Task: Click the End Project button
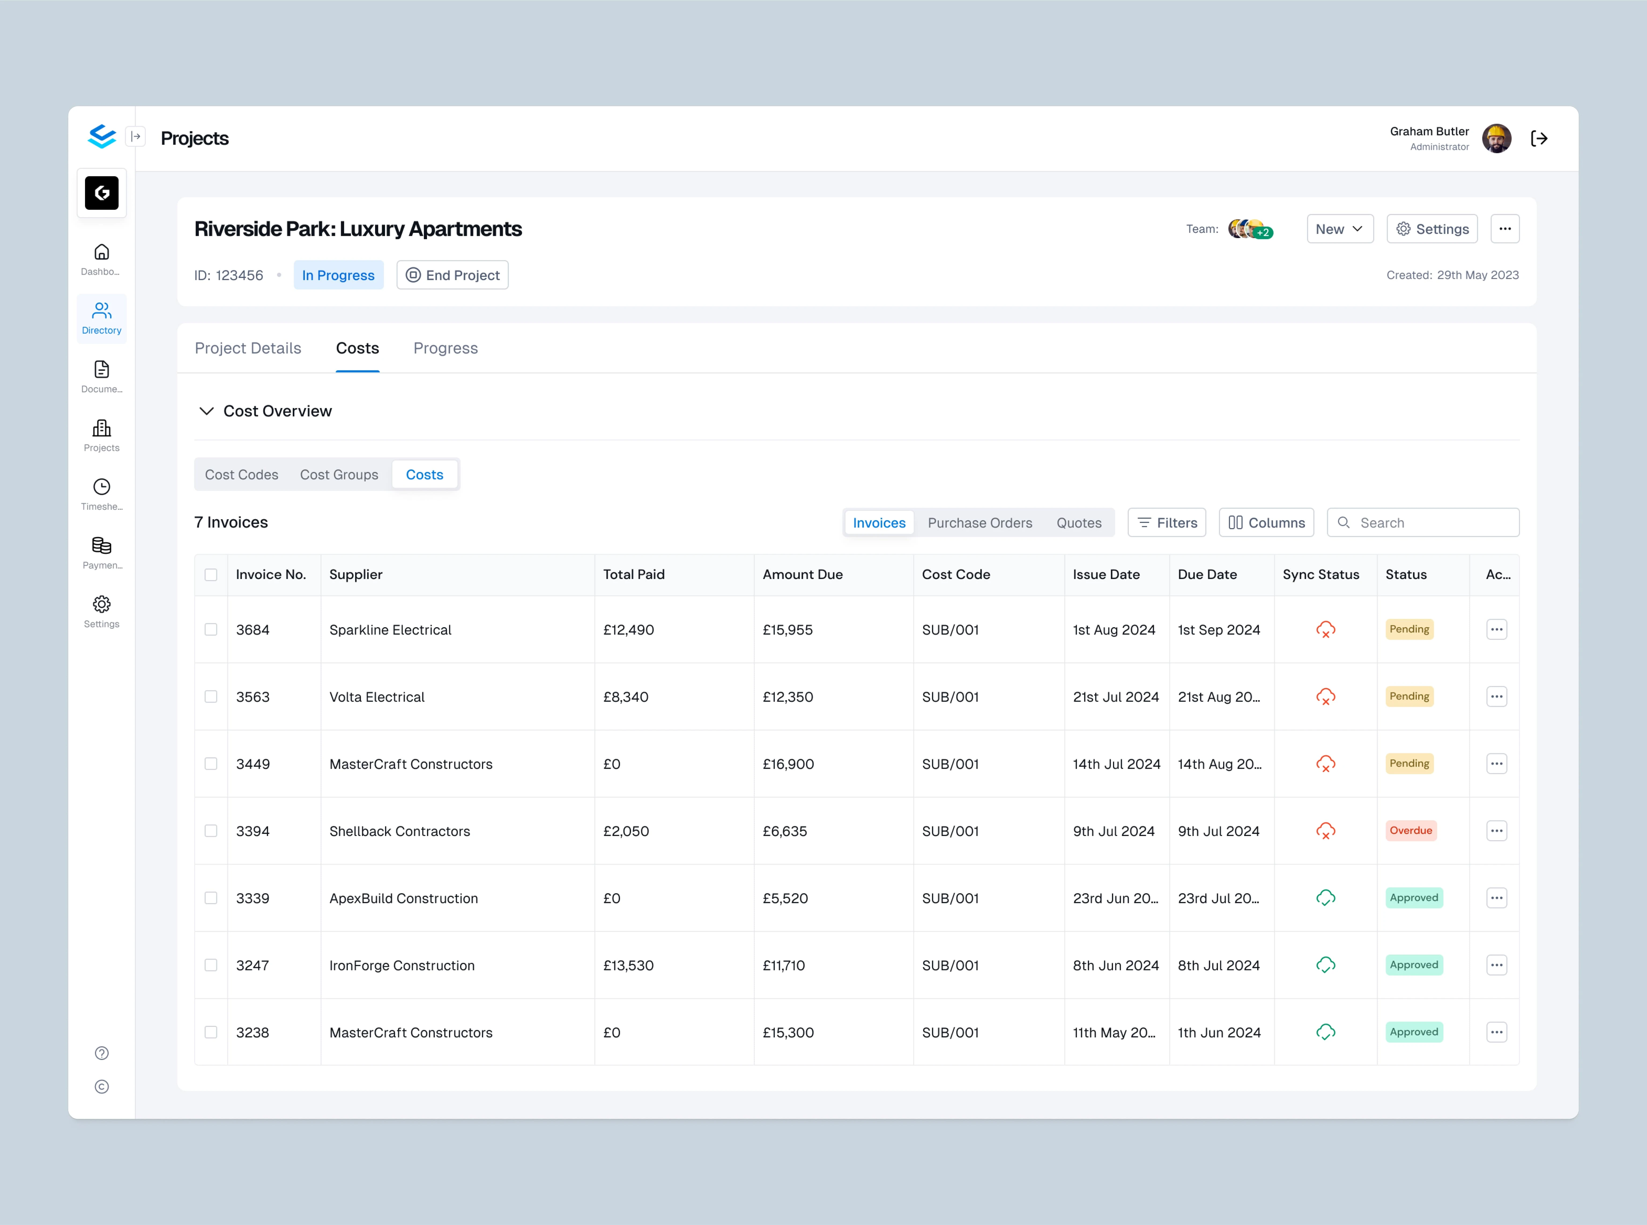pos(452,275)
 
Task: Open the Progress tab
pos(445,348)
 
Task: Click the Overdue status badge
pos(1411,830)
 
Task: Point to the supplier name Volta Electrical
pos(377,697)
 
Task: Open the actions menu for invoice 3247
pos(1496,965)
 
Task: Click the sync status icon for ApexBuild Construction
pos(1325,898)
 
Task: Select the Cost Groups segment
pos(339,474)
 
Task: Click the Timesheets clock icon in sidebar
pos(102,487)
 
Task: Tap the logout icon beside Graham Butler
pos(1539,139)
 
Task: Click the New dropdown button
pos(1339,229)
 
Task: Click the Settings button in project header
pos(1432,229)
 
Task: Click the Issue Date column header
pos(1106,575)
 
